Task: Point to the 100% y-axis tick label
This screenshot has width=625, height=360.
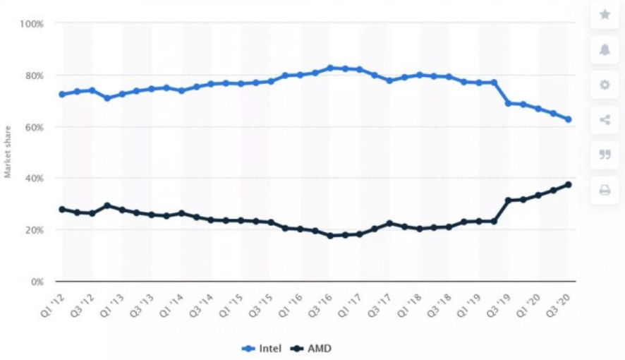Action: (x=32, y=23)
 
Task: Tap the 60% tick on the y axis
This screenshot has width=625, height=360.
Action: (x=35, y=127)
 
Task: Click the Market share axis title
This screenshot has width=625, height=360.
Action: (x=8, y=152)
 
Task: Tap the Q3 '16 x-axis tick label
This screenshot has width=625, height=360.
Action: (x=322, y=301)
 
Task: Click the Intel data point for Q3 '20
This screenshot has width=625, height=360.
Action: (x=568, y=119)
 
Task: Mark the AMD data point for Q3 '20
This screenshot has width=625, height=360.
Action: (x=568, y=185)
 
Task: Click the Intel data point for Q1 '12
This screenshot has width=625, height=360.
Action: (x=62, y=94)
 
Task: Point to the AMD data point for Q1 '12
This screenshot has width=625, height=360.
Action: (x=62, y=209)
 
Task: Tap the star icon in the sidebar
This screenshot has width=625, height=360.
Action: (x=605, y=14)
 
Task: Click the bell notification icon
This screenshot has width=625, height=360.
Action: (x=605, y=49)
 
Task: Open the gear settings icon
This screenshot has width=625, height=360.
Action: (x=605, y=85)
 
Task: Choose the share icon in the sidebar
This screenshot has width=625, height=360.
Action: (x=605, y=120)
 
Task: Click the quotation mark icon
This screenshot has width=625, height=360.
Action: (x=605, y=155)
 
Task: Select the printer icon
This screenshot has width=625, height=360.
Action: (x=605, y=191)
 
